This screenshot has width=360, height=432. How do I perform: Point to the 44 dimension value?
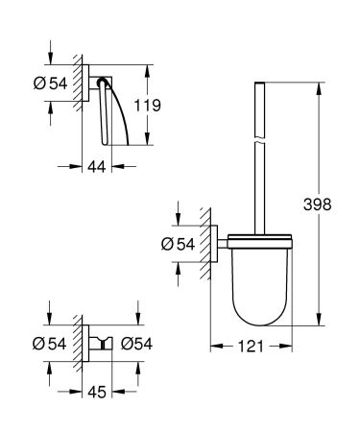(x=94, y=165)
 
